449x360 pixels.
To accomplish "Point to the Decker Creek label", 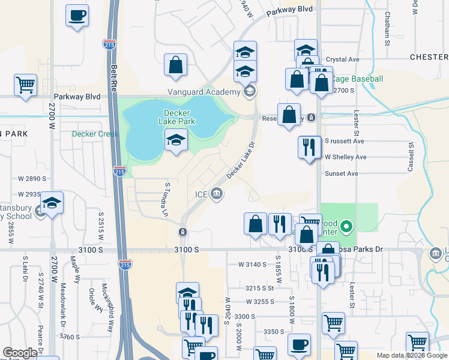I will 95,134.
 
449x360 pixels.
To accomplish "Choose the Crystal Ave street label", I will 342,60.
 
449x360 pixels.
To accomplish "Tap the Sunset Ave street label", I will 341,173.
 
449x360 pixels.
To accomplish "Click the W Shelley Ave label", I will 345,157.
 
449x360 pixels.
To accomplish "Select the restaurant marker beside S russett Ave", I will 309,146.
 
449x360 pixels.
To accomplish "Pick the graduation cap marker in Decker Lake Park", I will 175,140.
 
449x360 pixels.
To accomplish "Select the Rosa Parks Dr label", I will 364,249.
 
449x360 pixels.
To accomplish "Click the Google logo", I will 19,353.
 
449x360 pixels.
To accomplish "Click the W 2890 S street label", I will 32,179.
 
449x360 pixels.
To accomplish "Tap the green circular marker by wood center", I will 346,227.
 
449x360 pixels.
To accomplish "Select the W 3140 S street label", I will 252,264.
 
